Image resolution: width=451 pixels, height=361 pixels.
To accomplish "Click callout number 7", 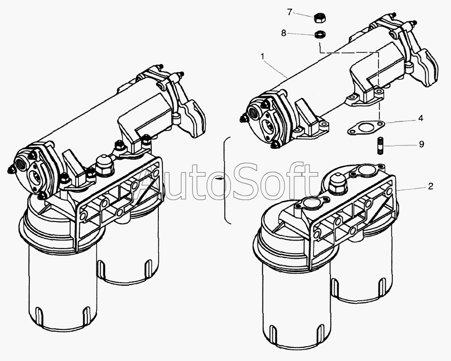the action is pyautogui.click(x=290, y=12).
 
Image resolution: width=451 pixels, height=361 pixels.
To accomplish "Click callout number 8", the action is pyautogui.click(x=284, y=33).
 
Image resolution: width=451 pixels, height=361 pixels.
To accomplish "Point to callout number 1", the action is pyautogui.click(x=262, y=57).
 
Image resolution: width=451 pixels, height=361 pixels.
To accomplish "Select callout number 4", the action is pyautogui.click(x=421, y=118).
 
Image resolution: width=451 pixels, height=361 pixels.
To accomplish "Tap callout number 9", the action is pyautogui.click(x=421, y=144).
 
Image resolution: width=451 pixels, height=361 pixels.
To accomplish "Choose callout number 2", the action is pyautogui.click(x=430, y=186).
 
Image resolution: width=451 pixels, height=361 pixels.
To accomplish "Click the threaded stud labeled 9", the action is pyautogui.click(x=379, y=146).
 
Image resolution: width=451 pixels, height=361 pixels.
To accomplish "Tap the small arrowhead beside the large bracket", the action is pyautogui.click(x=220, y=179).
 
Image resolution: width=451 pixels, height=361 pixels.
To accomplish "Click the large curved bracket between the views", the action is pyautogui.click(x=225, y=180).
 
